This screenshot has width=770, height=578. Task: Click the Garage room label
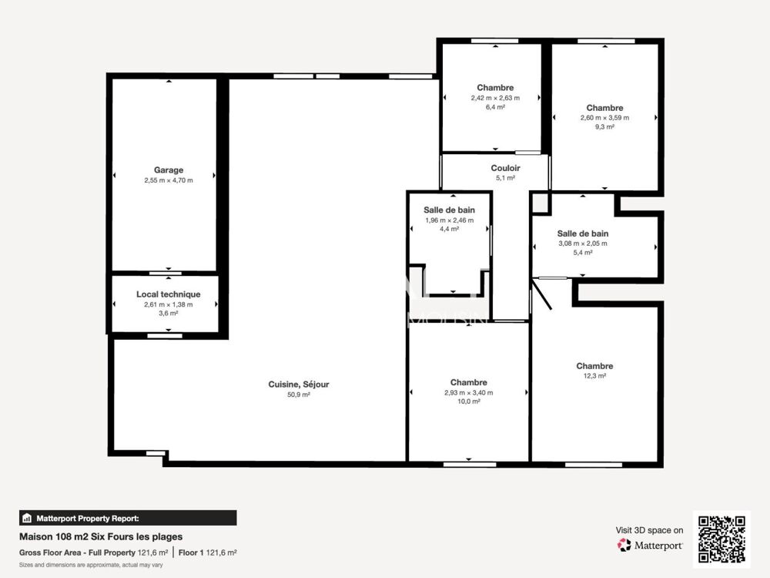click(168, 170)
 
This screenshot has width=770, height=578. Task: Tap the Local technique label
click(168, 294)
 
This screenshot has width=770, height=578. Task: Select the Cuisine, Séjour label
click(300, 385)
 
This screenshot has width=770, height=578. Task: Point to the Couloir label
click(506, 168)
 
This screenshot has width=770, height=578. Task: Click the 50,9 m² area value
click(300, 395)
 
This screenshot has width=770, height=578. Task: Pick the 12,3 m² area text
click(595, 376)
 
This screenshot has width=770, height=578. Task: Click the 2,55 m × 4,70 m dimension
click(168, 180)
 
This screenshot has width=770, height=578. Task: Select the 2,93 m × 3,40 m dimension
click(468, 392)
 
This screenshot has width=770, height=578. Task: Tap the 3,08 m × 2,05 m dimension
click(583, 244)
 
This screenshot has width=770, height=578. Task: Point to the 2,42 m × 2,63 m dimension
click(495, 98)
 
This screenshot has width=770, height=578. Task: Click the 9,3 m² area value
click(604, 127)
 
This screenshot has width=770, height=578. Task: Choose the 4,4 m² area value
click(449, 229)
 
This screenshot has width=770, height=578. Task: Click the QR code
click(723, 539)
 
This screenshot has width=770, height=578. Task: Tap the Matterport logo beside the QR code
click(650, 546)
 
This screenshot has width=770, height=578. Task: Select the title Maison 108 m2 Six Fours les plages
click(101, 537)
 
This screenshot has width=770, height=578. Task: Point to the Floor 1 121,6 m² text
click(207, 553)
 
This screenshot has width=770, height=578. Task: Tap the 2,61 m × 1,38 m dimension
click(168, 304)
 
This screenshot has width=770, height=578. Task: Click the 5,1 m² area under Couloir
click(506, 178)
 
